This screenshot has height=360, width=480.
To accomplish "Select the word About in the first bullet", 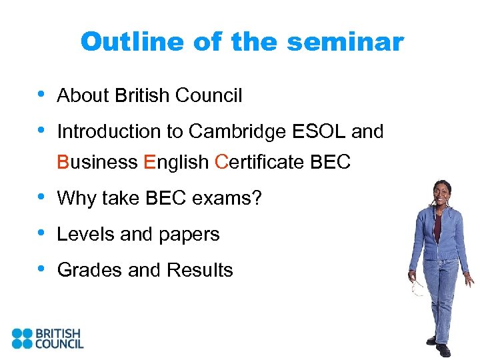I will pos(83,96).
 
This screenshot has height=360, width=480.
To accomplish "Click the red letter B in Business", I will pos(63,163).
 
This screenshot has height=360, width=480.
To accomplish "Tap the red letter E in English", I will pos(149,163).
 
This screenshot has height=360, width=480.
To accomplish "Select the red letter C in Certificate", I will pos(222,163).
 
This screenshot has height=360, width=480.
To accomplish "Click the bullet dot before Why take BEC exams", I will pos(42,197).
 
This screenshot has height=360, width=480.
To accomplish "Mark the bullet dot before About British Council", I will pos(42,95).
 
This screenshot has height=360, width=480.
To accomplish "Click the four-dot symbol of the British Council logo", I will pos(22,338).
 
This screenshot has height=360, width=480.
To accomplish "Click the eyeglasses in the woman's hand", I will pos(418,289).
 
